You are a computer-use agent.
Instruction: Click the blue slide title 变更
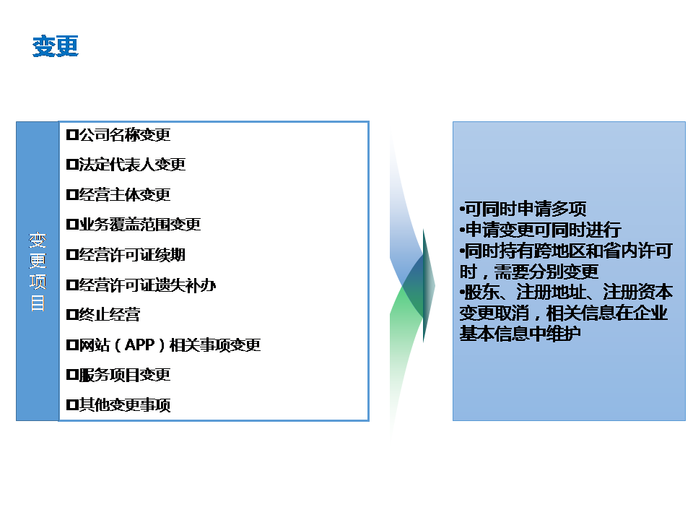(x=56, y=46)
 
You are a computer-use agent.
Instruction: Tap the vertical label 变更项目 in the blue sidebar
(x=38, y=272)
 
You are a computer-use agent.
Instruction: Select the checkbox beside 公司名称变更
(x=72, y=134)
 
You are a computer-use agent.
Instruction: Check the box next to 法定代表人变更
(x=72, y=165)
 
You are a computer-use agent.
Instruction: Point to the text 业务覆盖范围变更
(x=139, y=225)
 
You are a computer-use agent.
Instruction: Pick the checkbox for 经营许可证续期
(x=72, y=255)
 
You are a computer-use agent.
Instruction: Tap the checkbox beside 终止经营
(x=72, y=315)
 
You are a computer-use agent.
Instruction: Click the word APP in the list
(x=139, y=345)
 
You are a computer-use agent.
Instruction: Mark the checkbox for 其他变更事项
(x=72, y=404)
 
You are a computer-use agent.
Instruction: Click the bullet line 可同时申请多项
(x=523, y=209)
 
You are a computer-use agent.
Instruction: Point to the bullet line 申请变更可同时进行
(x=540, y=230)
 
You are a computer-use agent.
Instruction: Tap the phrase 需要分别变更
(x=546, y=272)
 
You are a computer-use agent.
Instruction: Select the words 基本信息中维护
(x=520, y=334)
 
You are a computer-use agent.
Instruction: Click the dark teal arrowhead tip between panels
(x=435, y=286)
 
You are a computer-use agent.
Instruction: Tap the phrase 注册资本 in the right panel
(x=637, y=292)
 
